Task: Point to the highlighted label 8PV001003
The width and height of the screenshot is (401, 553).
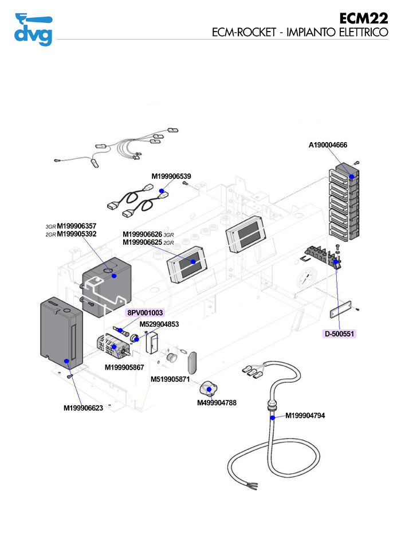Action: [x=146, y=313]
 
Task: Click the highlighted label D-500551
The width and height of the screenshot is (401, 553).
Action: [x=340, y=333]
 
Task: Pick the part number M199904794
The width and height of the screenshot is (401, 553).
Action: [x=305, y=415]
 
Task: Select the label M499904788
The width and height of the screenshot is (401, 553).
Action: [x=217, y=403]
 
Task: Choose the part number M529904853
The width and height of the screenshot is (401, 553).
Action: [x=159, y=324]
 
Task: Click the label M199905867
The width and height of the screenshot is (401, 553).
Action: [x=124, y=367]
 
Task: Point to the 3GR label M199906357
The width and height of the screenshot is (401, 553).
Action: [x=77, y=226]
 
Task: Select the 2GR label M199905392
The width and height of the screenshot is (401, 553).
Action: [x=77, y=234]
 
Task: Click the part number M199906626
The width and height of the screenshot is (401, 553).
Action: [x=143, y=234]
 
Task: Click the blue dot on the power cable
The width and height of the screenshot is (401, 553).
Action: [x=272, y=417]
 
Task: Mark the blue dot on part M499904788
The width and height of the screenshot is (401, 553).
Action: [x=209, y=390]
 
